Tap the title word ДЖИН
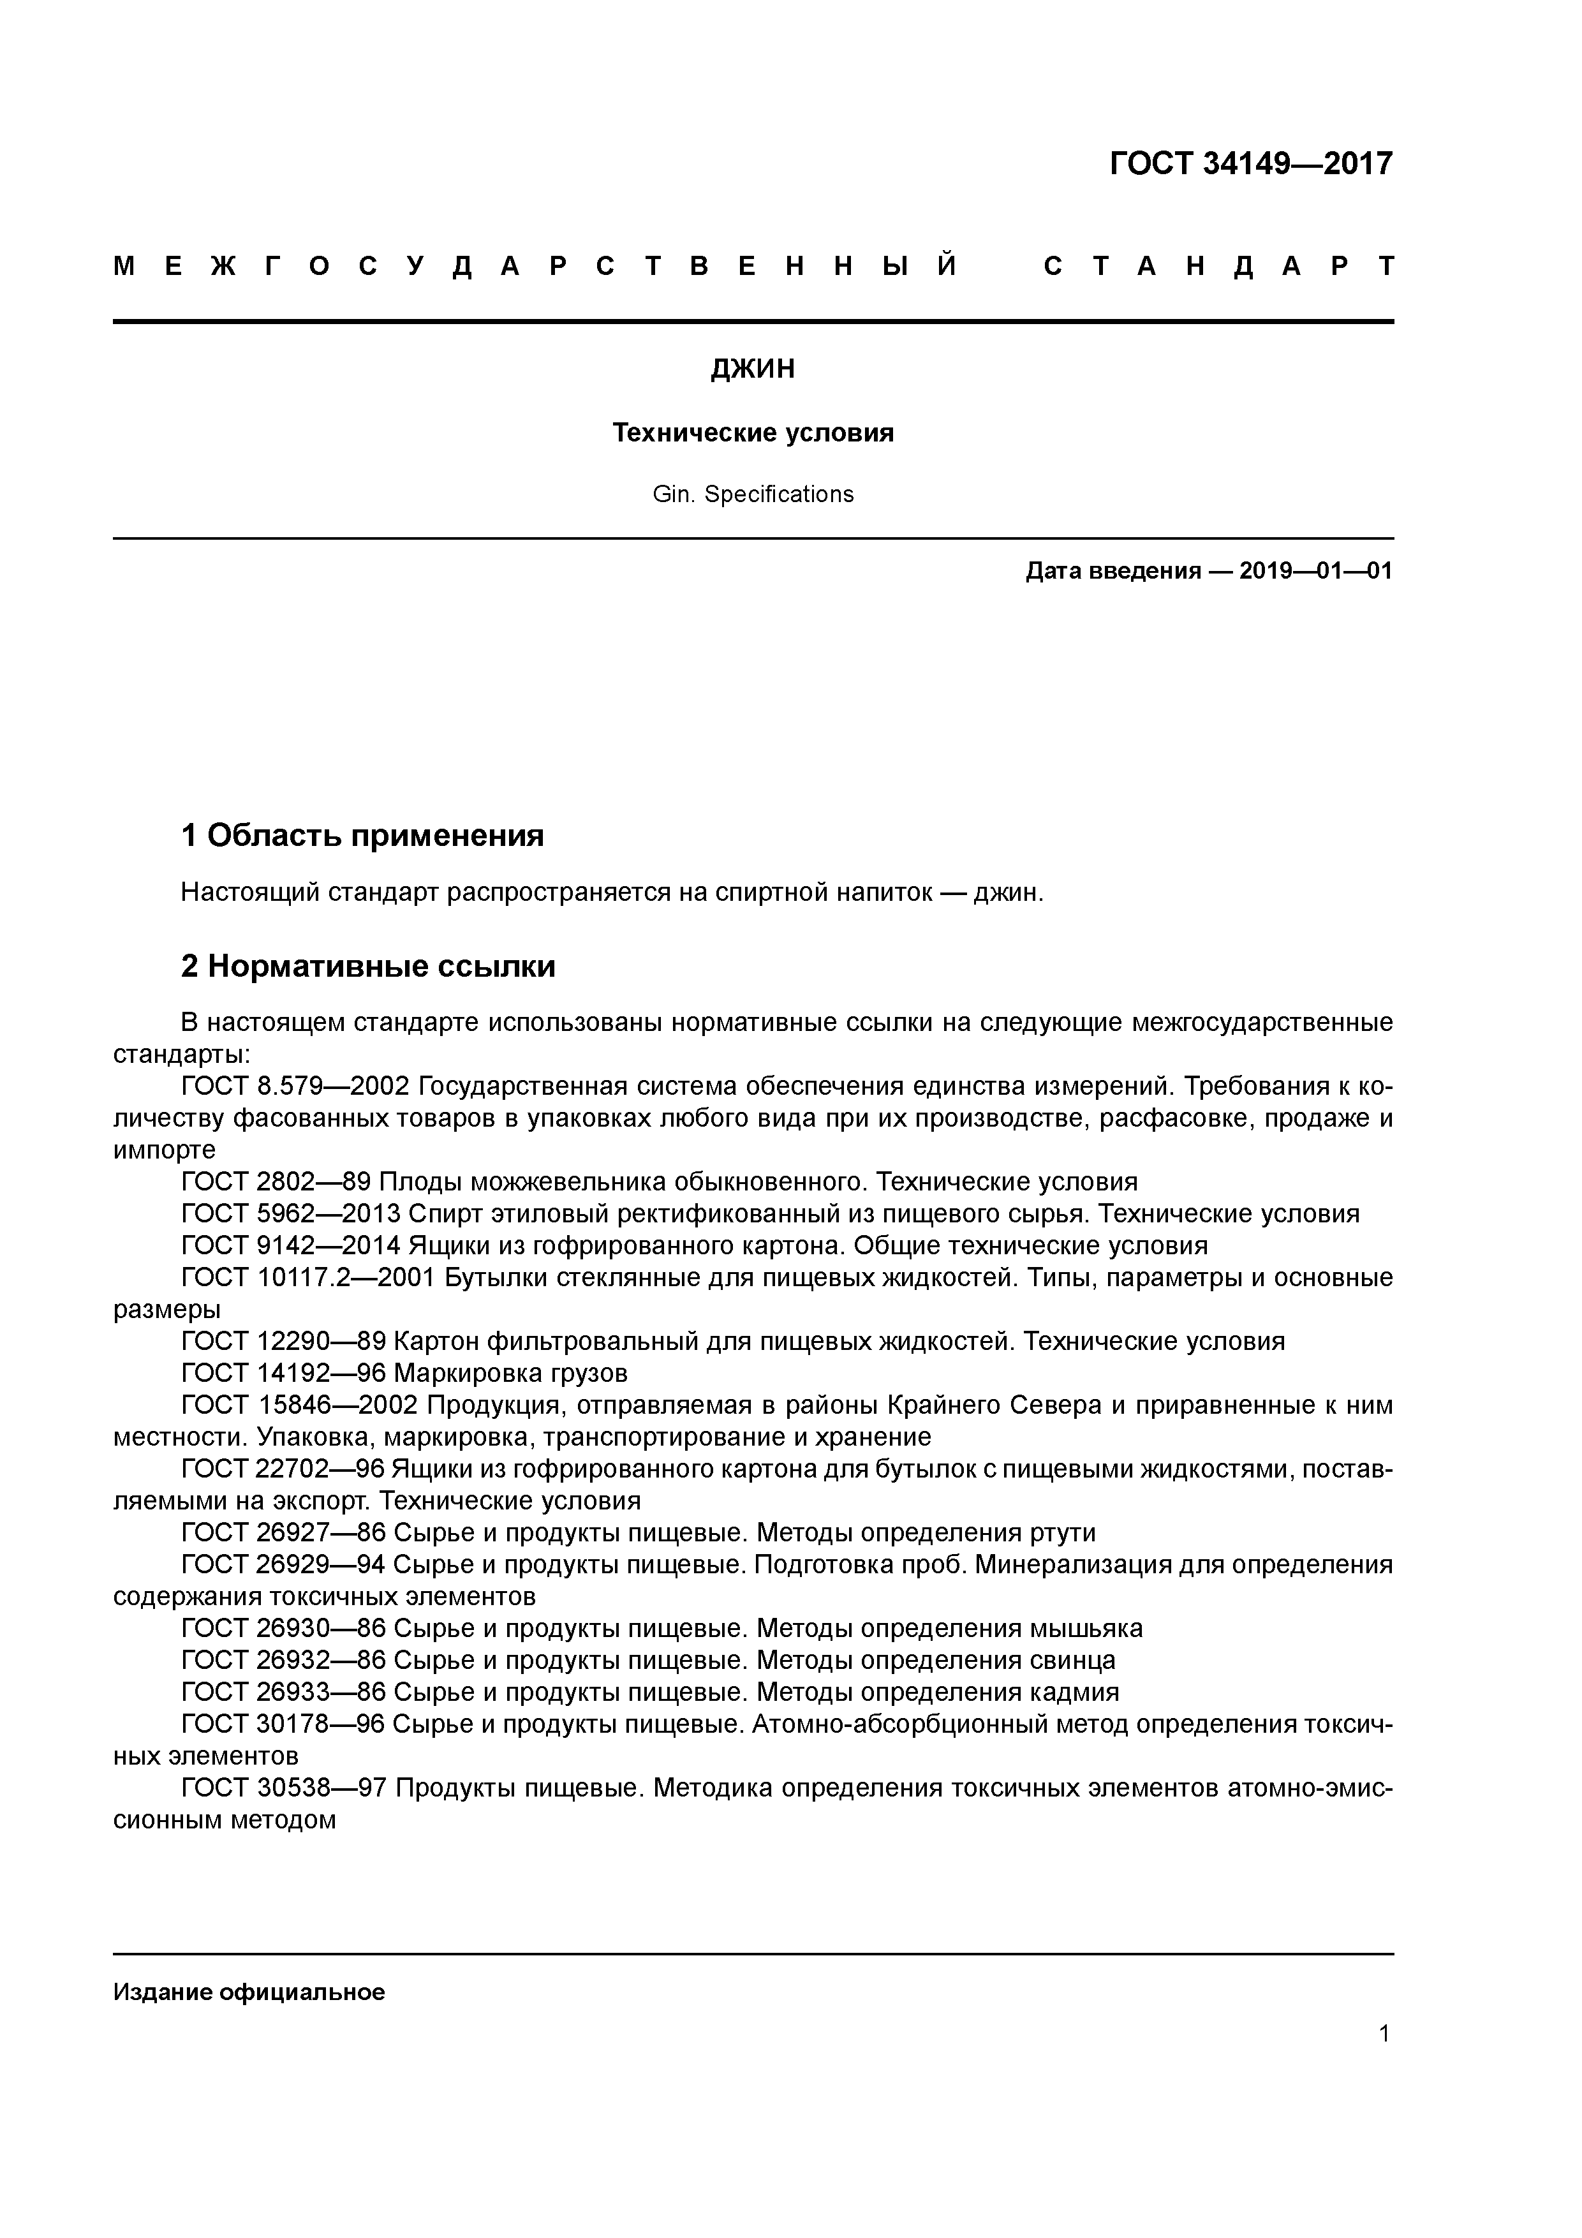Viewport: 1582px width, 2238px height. (x=753, y=369)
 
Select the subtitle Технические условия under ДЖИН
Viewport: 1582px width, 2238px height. (x=753, y=433)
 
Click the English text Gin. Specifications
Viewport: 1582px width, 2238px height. (x=753, y=494)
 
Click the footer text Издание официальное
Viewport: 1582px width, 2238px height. (x=249, y=1992)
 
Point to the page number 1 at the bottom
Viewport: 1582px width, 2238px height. (x=1384, y=2033)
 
